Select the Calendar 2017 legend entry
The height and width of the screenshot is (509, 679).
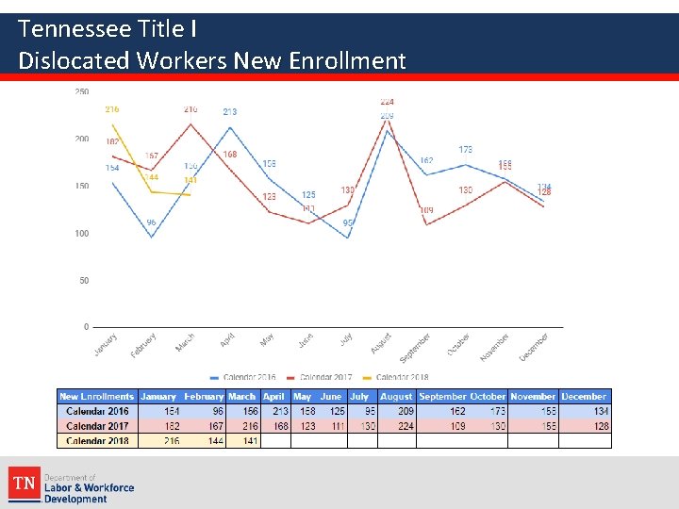pyautogui.click(x=322, y=378)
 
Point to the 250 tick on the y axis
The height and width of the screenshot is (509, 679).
pyautogui.click(x=82, y=92)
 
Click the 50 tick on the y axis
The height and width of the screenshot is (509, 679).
pyautogui.click(x=84, y=281)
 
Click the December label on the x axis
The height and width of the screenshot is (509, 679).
pyautogui.click(x=534, y=346)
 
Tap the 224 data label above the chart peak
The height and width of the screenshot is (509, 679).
pyautogui.click(x=387, y=102)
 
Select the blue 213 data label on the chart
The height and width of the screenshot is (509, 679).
pyautogui.click(x=229, y=112)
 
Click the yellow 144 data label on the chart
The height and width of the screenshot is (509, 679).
pyautogui.click(x=151, y=177)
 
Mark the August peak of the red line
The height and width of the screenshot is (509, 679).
pyautogui.click(x=388, y=118)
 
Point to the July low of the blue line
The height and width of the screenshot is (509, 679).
pyautogui.click(x=348, y=238)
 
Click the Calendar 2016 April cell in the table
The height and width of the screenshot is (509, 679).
pyautogui.click(x=277, y=412)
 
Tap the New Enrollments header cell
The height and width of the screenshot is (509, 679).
pyautogui.click(x=97, y=397)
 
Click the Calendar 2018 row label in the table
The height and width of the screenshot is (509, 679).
pyautogui.click(x=97, y=440)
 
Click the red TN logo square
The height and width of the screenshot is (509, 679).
pyautogui.click(x=24, y=484)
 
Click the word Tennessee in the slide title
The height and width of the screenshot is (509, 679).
pyautogui.click(x=75, y=29)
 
